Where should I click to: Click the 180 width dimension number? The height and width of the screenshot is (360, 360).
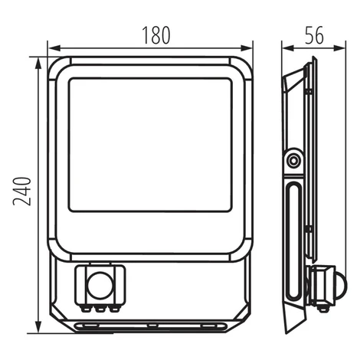[x=156, y=35]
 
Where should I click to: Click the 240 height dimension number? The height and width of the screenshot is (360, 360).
[x=22, y=191]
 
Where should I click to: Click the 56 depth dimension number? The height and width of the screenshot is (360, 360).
[x=314, y=35]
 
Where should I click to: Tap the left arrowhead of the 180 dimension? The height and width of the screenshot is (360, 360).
[x=54, y=48]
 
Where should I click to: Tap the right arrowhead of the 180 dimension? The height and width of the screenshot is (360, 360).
[x=247, y=48]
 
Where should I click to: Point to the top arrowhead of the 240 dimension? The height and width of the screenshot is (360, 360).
[x=38, y=63]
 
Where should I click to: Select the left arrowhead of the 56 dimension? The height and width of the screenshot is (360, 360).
[x=288, y=48]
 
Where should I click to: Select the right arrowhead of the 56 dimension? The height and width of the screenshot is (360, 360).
[x=339, y=48]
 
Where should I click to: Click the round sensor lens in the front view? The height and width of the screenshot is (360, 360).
[x=100, y=286]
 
